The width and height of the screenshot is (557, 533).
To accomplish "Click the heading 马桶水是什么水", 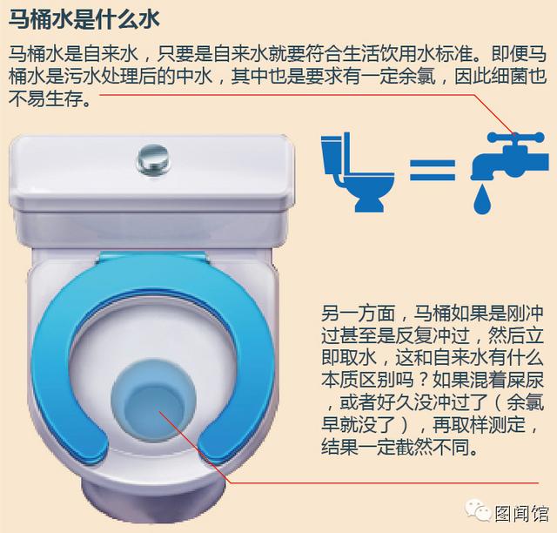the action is coord(84,19).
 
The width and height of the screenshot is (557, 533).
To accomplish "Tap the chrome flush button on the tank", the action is coord(153,159).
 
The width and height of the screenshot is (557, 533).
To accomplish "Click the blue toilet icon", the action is coord(358,172).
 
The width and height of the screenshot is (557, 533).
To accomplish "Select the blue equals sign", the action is coord(433,170).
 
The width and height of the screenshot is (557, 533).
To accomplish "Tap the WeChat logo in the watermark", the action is coord(479,509).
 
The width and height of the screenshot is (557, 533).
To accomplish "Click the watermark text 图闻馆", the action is coord(521,513).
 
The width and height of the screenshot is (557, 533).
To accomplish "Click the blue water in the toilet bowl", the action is coord(153,400).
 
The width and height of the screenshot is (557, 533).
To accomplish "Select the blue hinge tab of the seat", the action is coord(152,258).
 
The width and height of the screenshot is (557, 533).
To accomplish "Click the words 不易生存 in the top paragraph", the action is coord(45,98).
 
